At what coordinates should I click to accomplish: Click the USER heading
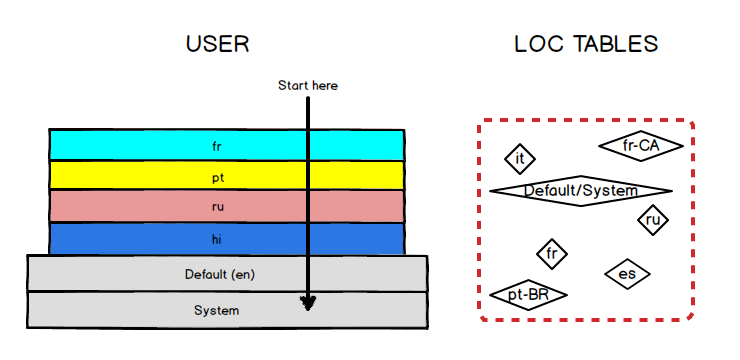point(217,44)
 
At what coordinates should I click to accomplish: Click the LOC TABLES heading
point(585,44)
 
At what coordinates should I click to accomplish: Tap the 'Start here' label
point(307,86)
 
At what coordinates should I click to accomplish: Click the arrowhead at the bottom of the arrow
point(308,302)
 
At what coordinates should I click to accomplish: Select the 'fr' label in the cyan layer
point(217,146)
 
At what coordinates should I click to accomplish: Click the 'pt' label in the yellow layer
point(217,176)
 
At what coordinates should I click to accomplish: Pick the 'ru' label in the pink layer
point(217,207)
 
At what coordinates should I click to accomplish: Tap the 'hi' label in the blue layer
point(217,239)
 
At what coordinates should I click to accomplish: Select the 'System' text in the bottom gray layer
point(217,310)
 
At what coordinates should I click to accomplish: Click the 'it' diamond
point(520,158)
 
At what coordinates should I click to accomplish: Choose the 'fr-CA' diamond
point(641,146)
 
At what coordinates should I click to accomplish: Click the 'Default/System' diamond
point(581,190)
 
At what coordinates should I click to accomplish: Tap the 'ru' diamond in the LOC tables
point(653,219)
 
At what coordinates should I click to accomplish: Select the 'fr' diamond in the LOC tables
point(551,254)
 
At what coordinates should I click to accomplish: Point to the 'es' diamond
point(627,274)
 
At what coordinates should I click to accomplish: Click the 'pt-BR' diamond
point(528,295)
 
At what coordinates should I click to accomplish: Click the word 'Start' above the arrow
point(293,86)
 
